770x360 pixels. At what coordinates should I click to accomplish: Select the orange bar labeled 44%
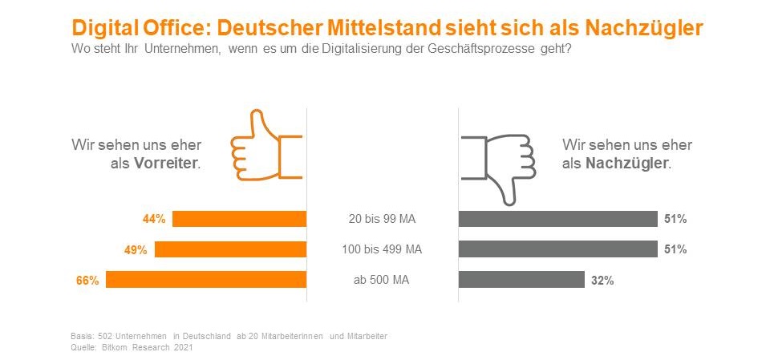(239, 219)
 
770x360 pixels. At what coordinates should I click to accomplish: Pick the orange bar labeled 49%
(230, 249)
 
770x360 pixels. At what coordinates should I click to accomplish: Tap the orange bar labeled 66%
(206, 280)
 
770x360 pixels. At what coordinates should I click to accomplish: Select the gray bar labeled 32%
(521, 280)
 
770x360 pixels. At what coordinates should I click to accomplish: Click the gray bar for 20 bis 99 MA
(557, 219)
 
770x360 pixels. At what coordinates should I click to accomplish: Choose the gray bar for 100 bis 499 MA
(557, 249)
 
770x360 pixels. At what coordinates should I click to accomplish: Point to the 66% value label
(87, 281)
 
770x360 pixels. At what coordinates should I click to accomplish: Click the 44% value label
(154, 219)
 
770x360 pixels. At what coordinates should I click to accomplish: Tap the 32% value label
(603, 281)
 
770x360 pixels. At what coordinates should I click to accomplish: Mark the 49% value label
(136, 250)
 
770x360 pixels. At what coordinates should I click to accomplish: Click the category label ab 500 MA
(382, 281)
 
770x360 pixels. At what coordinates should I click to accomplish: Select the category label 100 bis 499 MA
(382, 250)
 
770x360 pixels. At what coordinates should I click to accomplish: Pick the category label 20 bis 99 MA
(382, 219)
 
